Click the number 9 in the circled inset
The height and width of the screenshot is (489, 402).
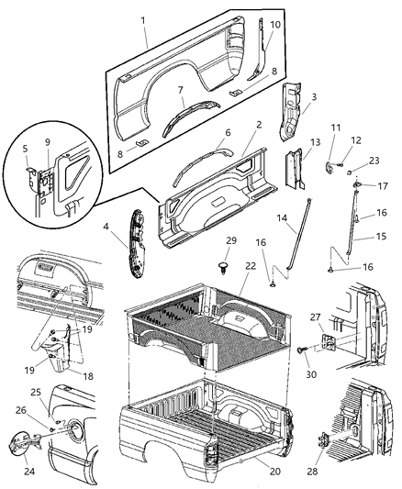tap(48, 142)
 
